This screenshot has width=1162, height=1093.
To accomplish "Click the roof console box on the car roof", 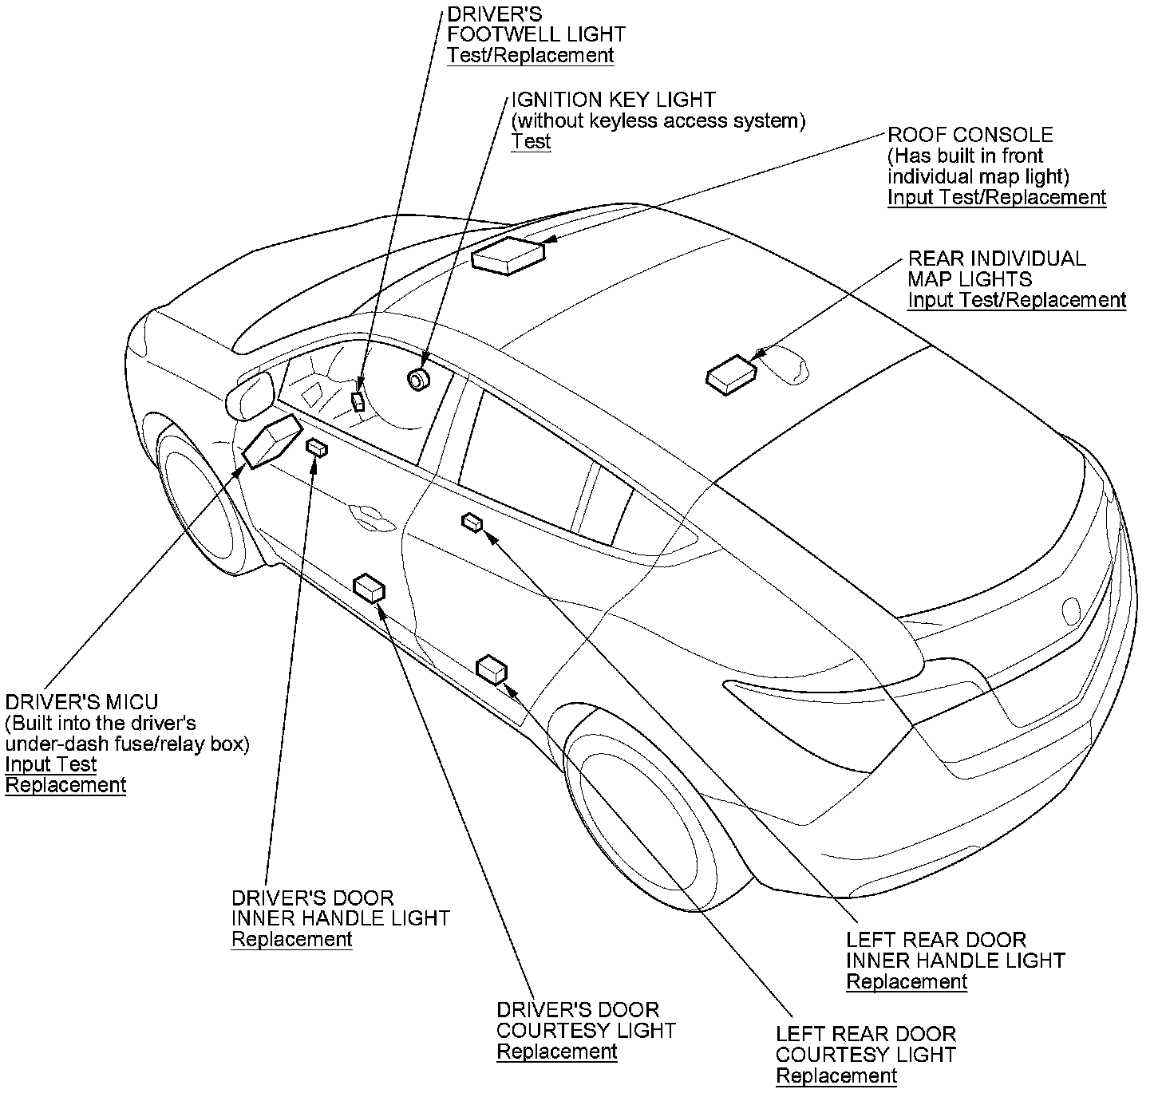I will pos(508,255).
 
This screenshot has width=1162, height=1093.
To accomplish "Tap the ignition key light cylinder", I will pos(418,379).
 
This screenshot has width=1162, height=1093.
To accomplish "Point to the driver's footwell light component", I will pos(359,399).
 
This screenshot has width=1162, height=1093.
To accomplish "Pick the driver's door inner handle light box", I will pos(318,448).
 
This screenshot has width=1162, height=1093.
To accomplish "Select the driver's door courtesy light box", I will pos(369,589).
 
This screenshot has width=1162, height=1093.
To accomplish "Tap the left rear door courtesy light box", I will pos(492,669).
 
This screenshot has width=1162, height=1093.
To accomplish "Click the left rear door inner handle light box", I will pos(472,523).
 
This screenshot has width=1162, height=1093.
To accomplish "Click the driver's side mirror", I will pos(250,394).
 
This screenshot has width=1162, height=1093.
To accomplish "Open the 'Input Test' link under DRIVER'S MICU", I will pos(51,764).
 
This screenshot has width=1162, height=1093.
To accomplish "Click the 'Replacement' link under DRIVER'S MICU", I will pos(65,785).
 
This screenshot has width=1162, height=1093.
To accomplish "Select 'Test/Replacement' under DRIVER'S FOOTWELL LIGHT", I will pos(530,55).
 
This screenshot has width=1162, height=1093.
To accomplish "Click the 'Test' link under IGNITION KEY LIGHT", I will pos(531,141).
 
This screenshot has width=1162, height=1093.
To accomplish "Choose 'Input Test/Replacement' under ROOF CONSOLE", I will pos(997,197).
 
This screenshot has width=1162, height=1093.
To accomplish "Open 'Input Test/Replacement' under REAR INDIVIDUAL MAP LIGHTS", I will pos(1017,300).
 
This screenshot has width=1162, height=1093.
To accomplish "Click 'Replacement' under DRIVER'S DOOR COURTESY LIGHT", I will pos(557,1052).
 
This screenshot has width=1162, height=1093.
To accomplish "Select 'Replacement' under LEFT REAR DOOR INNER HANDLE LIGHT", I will pos(907,981).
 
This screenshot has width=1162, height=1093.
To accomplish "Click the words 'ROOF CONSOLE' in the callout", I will pos(970,135).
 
